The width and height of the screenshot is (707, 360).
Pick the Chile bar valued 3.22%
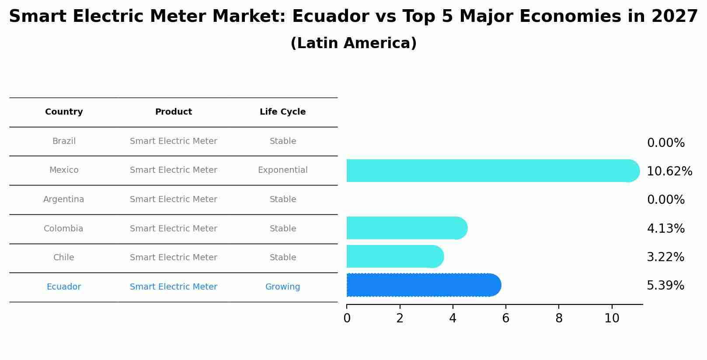pyautogui.click(x=394, y=256)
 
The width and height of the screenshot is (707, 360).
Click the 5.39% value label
pyautogui.click(x=665, y=286)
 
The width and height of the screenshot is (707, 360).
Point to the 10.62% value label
pyautogui.click(x=669, y=171)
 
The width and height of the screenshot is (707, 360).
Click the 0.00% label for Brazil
pyautogui.click(x=665, y=143)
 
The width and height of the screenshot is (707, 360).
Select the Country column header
pyautogui.click(x=64, y=112)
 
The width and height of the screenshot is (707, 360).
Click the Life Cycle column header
pyautogui.click(x=282, y=112)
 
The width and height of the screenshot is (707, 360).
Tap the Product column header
pyautogui.click(x=173, y=112)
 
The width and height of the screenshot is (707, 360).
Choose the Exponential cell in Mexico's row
pyautogui.click(x=282, y=170)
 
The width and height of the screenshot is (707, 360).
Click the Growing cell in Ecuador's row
pyautogui.click(x=282, y=287)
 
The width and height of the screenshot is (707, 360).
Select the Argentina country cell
pyautogui.click(x=64, y=199)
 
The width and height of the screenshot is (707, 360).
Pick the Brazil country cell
pyautogui.click(x=64, y=141)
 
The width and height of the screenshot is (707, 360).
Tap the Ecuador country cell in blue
pyautogui.click(x=64, y=287)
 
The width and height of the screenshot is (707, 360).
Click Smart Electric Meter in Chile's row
pyautogui.click(x=173, y=258)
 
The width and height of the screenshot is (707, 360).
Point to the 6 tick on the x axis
pyautogui.click(x=505, y=318)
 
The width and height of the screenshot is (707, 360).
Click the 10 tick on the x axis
pyautogui.click(x=612, y=318)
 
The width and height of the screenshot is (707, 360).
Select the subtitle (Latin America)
pyautogui.click(x=353, y=43)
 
